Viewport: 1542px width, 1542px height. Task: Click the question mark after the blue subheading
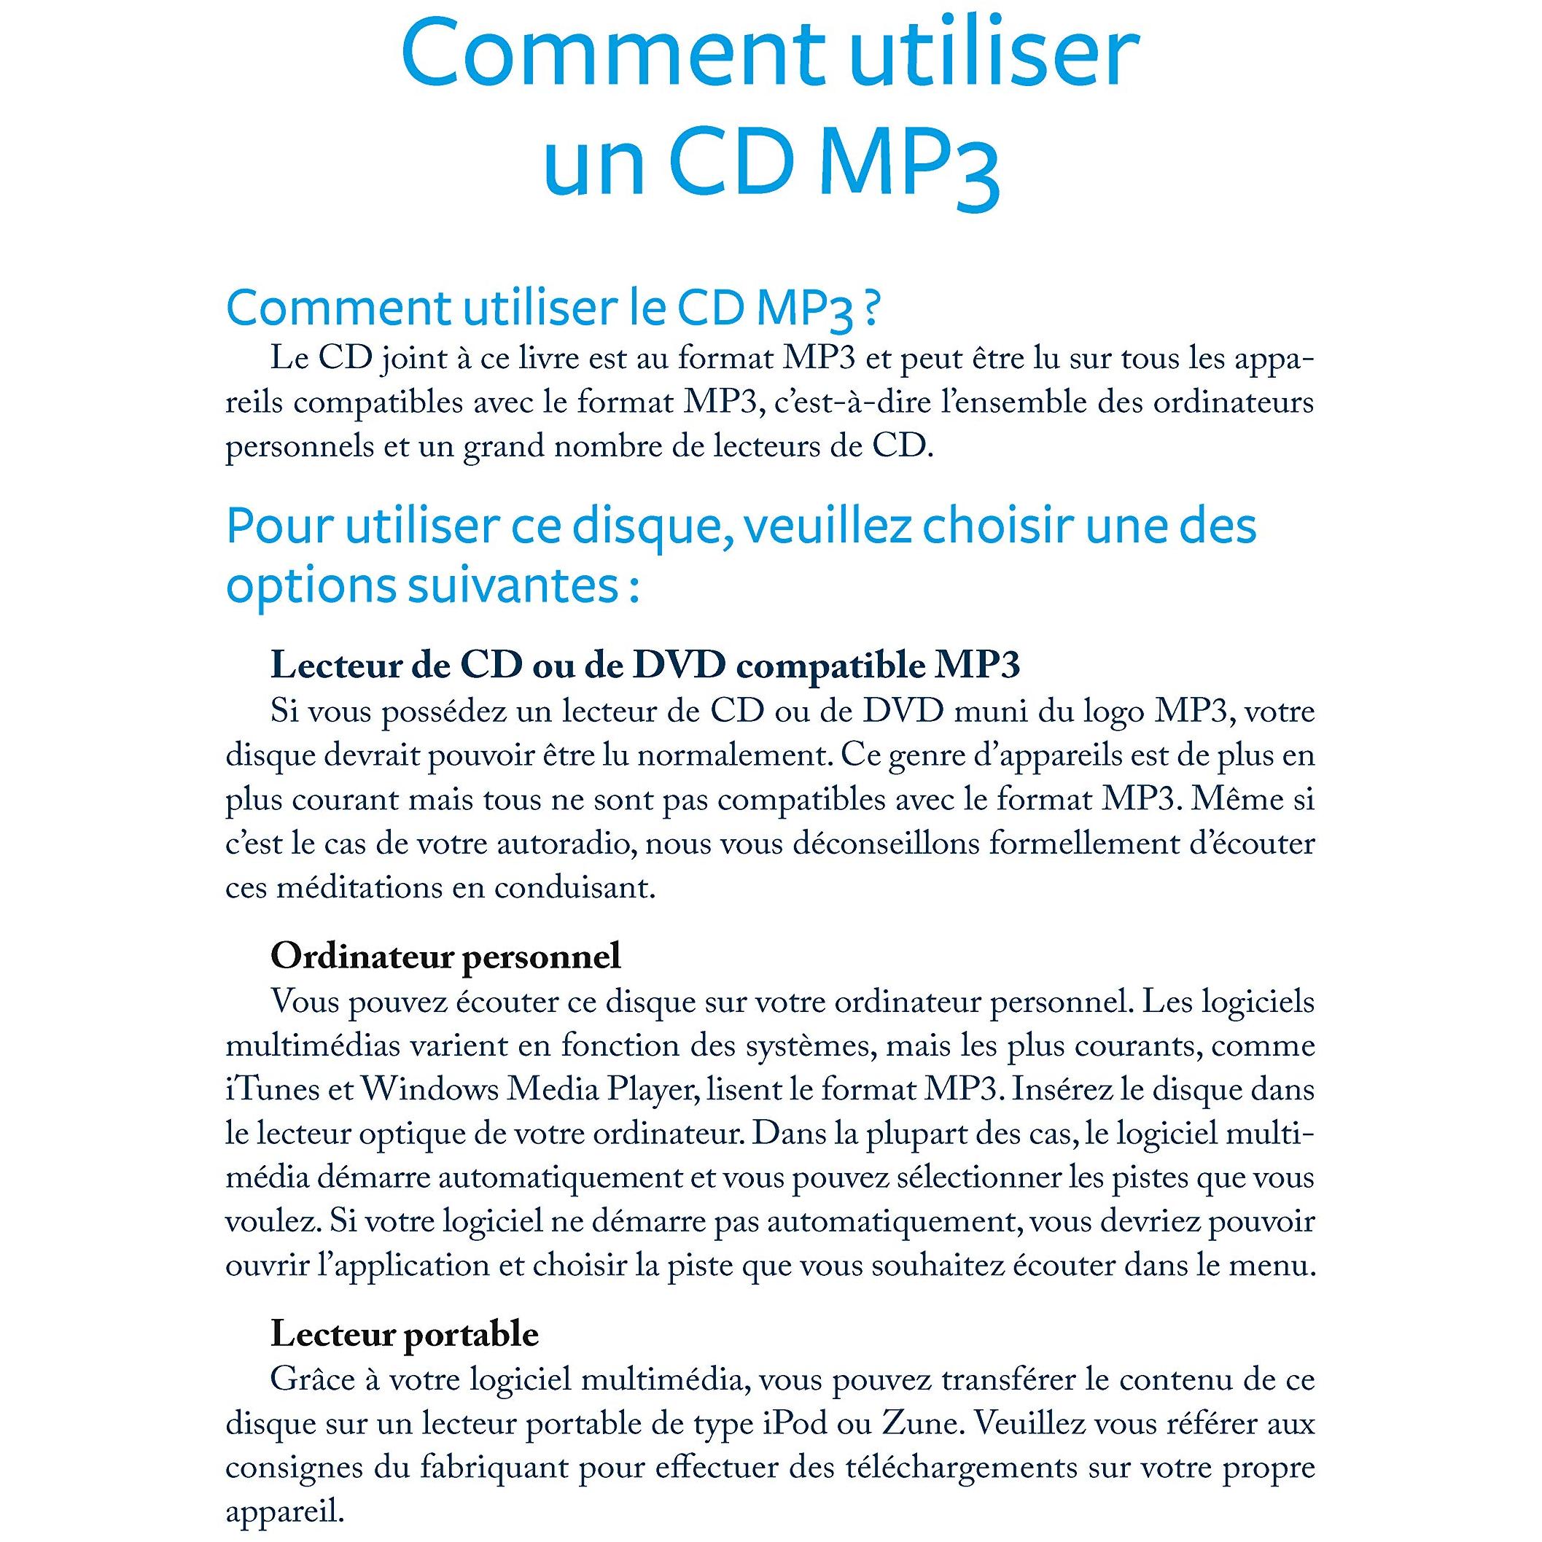coord(871,310)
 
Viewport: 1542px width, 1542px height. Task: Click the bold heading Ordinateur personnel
coord(445,956)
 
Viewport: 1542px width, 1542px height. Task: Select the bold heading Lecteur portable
coord(405,1334)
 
